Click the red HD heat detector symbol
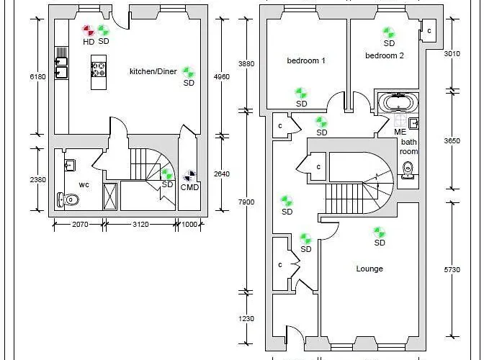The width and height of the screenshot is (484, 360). [x=89, y=31]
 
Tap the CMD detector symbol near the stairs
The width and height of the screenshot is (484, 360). [x=190, y=176]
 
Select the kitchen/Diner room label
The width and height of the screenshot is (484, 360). [x=153, y=71]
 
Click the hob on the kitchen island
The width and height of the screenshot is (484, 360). [x=99, y=69]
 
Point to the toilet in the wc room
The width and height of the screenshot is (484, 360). [x=68, y=200]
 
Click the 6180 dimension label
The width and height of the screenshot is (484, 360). [x=37, y=76]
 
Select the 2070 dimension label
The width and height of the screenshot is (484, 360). [x=80, y=224]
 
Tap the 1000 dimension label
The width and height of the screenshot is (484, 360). [x=189, y=224]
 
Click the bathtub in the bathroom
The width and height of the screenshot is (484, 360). [x=398, y=103]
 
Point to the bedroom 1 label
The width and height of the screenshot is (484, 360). [x=306, y=60]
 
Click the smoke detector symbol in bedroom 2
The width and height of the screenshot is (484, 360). [x=389, y=32]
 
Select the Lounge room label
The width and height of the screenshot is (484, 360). [x=369, y=269]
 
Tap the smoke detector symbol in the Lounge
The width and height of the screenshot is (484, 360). [x=379, y=233]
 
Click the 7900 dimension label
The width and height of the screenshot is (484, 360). [x=246, y=202]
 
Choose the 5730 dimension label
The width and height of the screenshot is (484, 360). [x=452, y=269]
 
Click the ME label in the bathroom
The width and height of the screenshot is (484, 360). [x=400, y=132]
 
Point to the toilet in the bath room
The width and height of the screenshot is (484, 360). [x=408, y=170]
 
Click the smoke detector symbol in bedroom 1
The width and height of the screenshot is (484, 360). [x=301, y=93]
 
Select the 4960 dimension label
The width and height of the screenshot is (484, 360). [x=222, y=76]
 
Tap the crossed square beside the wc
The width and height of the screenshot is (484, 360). [x=110, y=196]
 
